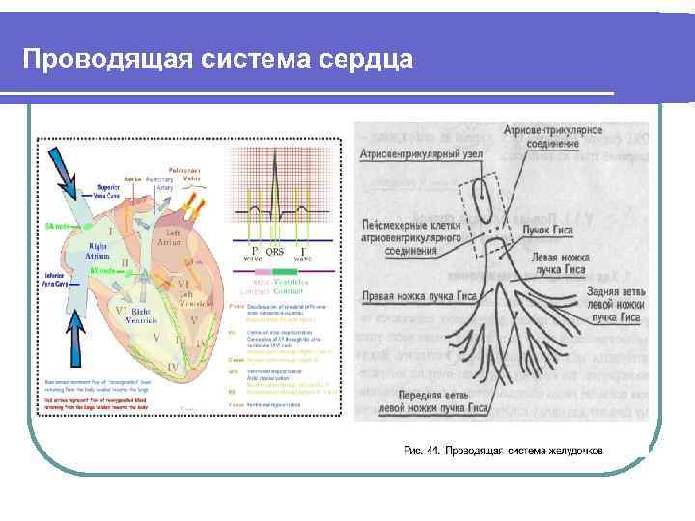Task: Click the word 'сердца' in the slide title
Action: [367, 60]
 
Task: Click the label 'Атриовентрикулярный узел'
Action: [420, 153]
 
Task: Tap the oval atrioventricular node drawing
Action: [481, 200]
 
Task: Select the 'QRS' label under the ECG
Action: [275, 251]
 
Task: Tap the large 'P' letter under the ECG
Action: [254, 250]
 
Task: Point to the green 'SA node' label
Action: [59, 225]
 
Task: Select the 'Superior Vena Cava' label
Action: [115, 190]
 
